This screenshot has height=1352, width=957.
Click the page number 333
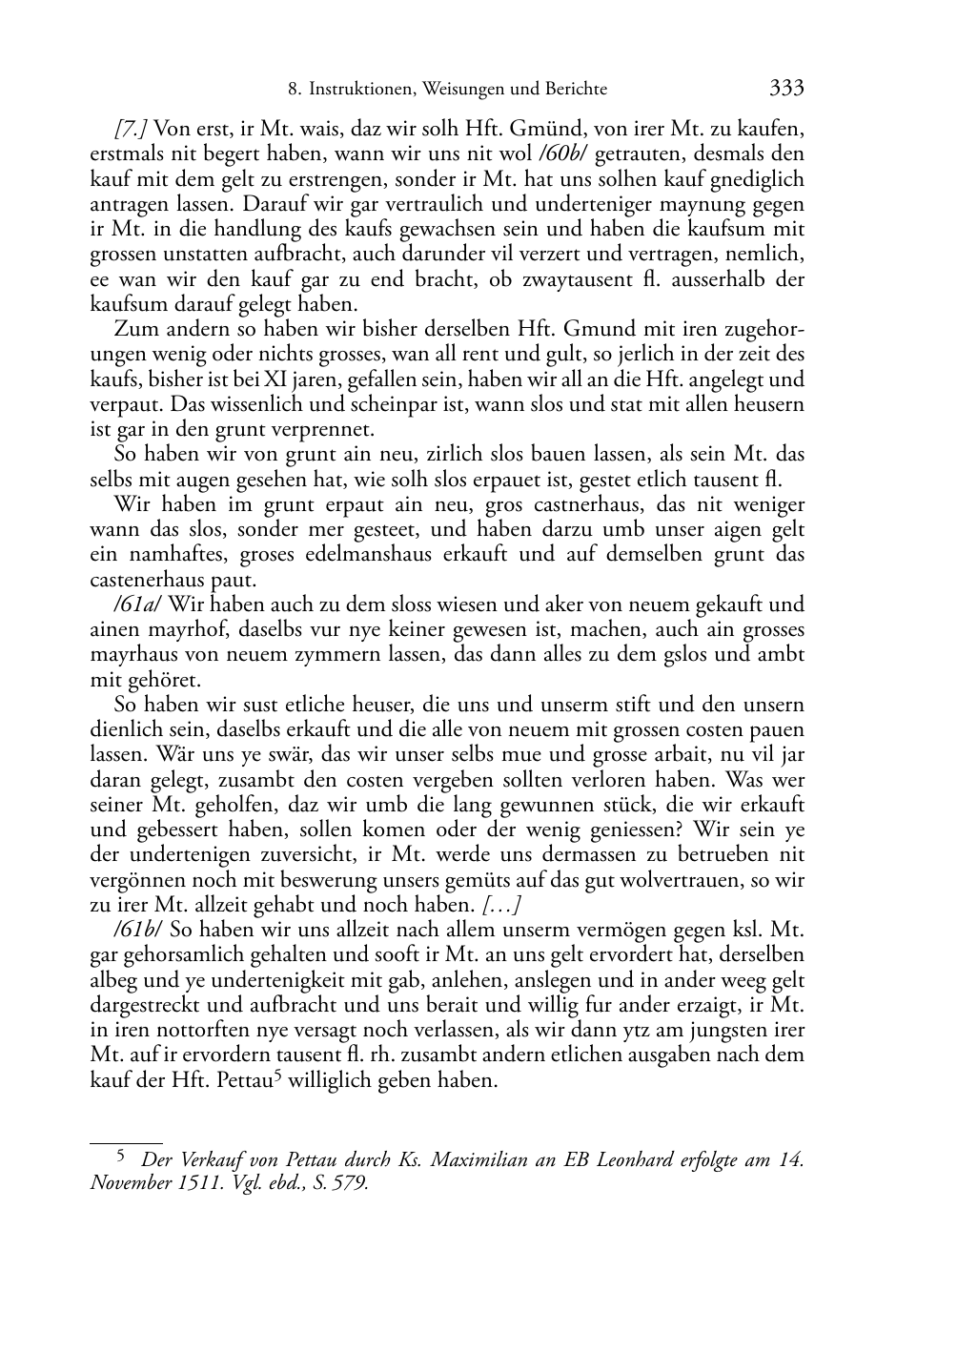click(786, 89)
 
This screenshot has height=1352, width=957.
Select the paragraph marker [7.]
click(131, 129)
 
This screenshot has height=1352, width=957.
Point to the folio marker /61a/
click(138, 604)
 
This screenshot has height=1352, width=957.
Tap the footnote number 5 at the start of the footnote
click(120, 1157)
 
